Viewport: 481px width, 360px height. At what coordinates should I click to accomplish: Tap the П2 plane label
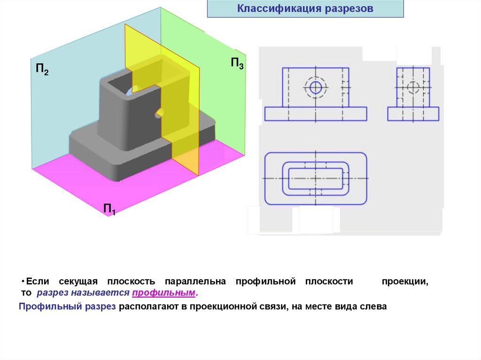coord(42,70)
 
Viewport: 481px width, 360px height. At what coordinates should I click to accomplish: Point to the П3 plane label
coord(237,63)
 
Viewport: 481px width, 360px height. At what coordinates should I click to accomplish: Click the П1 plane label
coord(109,209)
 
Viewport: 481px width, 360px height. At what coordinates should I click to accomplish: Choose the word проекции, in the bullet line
coord(404,282)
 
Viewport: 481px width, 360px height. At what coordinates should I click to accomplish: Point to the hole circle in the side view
coord(413,87)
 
